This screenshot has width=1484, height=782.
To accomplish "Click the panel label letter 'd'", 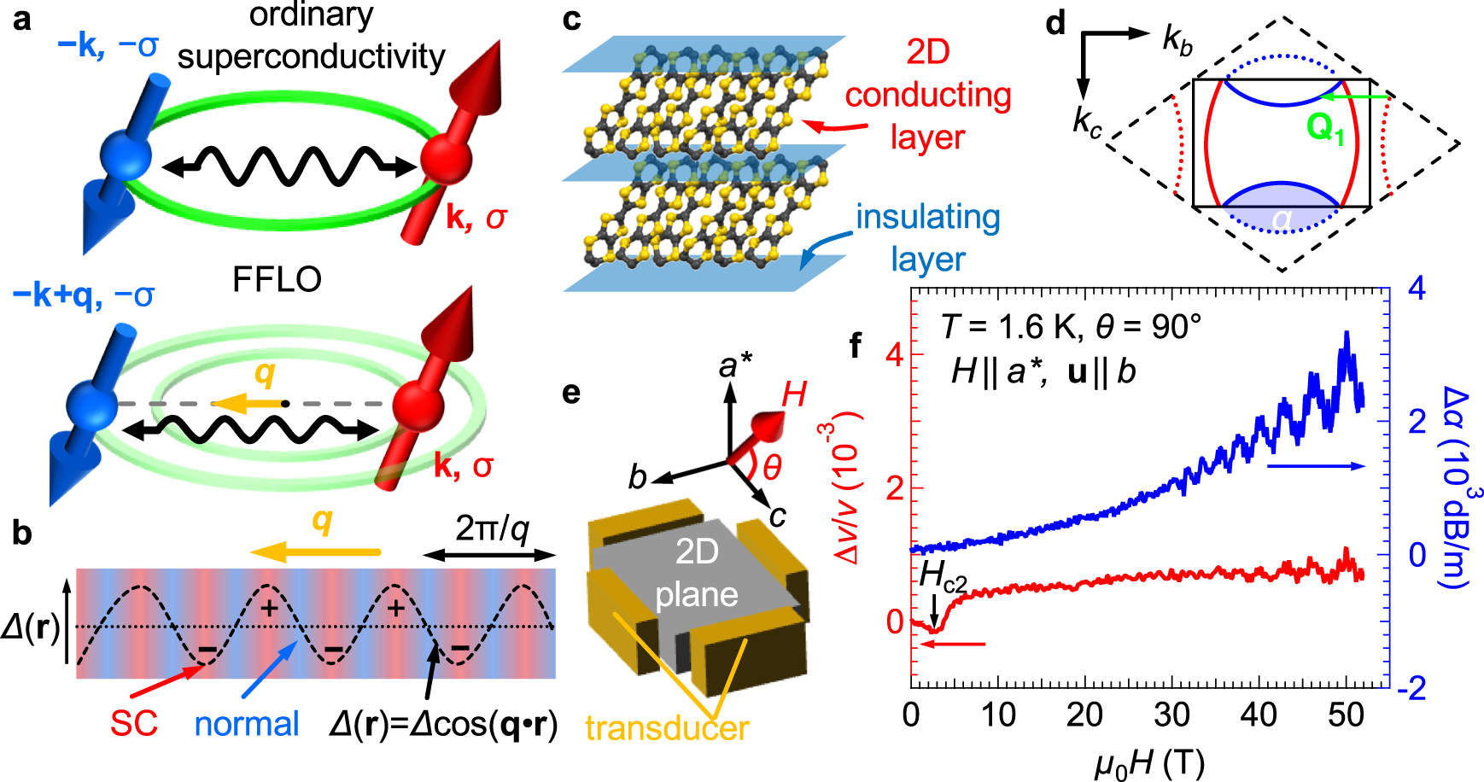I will pyautogui.click(x=1056, y=23).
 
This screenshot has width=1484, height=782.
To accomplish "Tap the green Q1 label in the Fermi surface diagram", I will pyautogui.click(x=1324, y=129).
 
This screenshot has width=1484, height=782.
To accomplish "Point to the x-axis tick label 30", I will pyautogui.click(x=1171, y=714).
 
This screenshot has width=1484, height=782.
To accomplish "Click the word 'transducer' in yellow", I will pyautogui.click(x=667, y=728).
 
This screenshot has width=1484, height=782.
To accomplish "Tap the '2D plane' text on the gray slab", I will pyautogui.click(x=696, y=573).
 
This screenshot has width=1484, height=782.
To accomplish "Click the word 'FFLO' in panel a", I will pyautogui.click(x=277, y=279).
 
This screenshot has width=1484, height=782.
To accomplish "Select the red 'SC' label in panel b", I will pyautogui.click(x=134, y=724).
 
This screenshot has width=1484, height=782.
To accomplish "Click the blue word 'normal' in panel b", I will pyautogui.click(x=247, y=724).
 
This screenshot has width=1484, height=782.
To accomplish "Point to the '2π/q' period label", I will pyautogui.click(x=492, y=529).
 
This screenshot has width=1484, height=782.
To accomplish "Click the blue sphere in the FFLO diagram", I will pyautogui.click(x=91, y=406).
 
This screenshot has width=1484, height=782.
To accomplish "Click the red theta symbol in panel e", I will pyautogui.click(x=772, y=467).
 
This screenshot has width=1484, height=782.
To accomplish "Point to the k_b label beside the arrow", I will pyautogui.click(x=1177, y=40).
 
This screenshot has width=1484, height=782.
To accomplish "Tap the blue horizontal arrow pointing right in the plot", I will pyautogui.click(x=1316, y=466).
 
